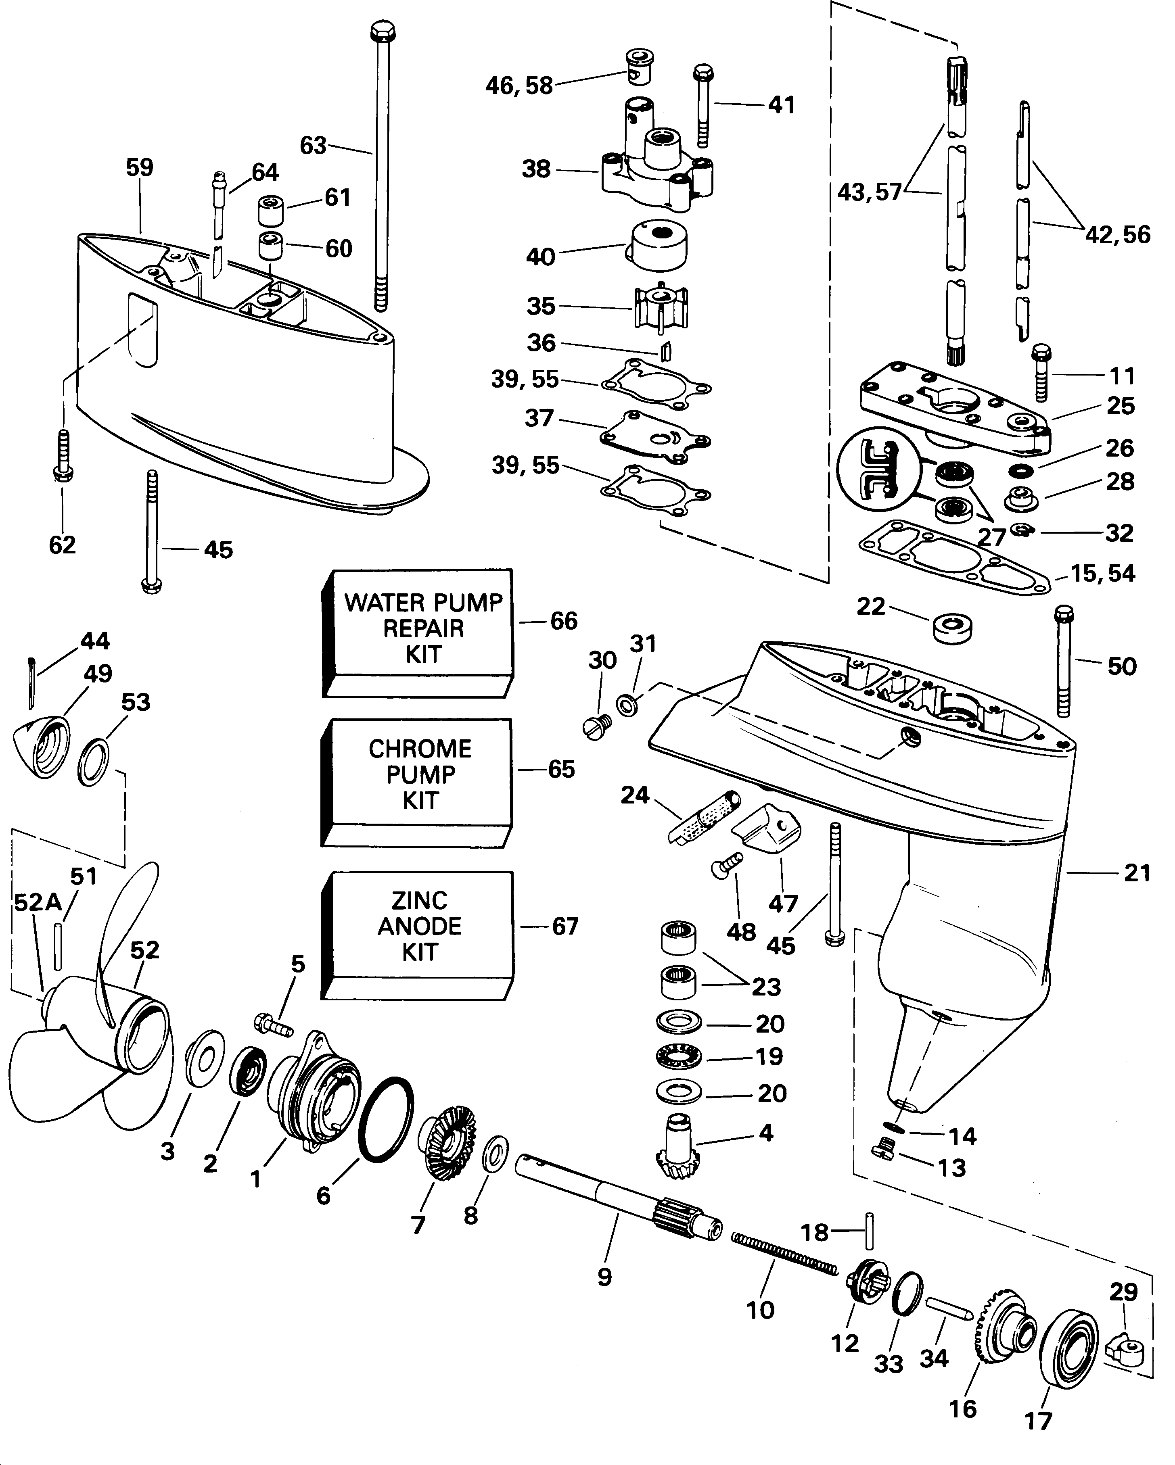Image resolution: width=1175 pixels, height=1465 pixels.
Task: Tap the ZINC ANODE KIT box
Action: click(x=418, y=927)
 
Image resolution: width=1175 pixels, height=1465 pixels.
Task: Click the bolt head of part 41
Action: click(x=703, y=72)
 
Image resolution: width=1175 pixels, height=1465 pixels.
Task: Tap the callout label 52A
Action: click(x=38, y=902)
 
